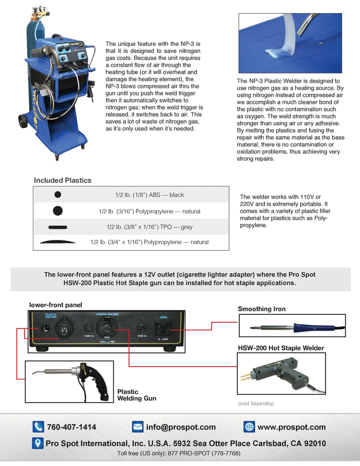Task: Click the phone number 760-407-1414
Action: tap(71, 427)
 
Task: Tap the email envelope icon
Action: tap(137, 427)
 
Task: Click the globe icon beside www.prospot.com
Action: tap(249, 427)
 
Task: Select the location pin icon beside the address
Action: tap(38, 443)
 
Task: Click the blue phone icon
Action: tap(38, 427)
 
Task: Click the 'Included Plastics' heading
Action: tap(63, 181)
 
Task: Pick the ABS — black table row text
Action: tap(149, 195)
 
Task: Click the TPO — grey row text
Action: tap(149, 227)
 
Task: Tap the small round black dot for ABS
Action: tap(57, 195)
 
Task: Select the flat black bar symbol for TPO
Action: tap(57, 227)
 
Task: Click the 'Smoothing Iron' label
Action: tap(261, 309)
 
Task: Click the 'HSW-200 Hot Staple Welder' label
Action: tap(281, 348)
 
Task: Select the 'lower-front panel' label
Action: tap(56, 305)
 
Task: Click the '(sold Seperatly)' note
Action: tap(256, 403)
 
